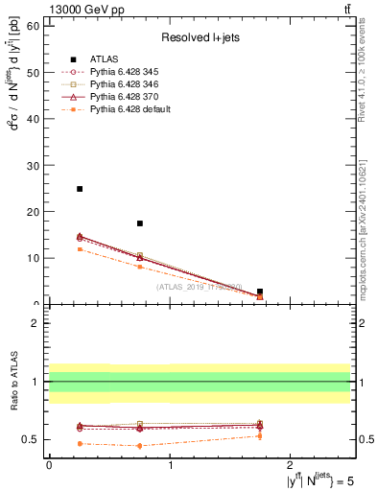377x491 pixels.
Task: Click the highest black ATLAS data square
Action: click(x=80, y=189)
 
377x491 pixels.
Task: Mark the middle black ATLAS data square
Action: click(x=140, y=223)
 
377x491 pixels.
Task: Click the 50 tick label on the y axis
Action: click(x=34, y=72)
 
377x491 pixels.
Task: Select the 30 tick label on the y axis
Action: click(x=34, y=165)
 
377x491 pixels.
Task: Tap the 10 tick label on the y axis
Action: click(x=34, y=258)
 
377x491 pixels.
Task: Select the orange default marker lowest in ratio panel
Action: click(x=140, y=446)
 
